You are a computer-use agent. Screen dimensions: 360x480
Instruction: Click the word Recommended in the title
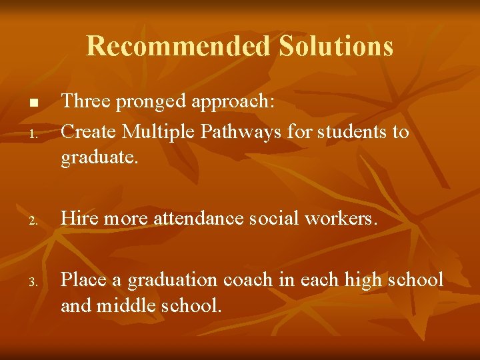179,46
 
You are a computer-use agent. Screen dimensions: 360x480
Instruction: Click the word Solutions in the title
336,46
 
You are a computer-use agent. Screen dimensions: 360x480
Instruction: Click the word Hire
77,217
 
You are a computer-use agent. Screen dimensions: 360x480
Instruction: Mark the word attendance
198,217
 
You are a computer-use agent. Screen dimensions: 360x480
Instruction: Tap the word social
272,217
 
